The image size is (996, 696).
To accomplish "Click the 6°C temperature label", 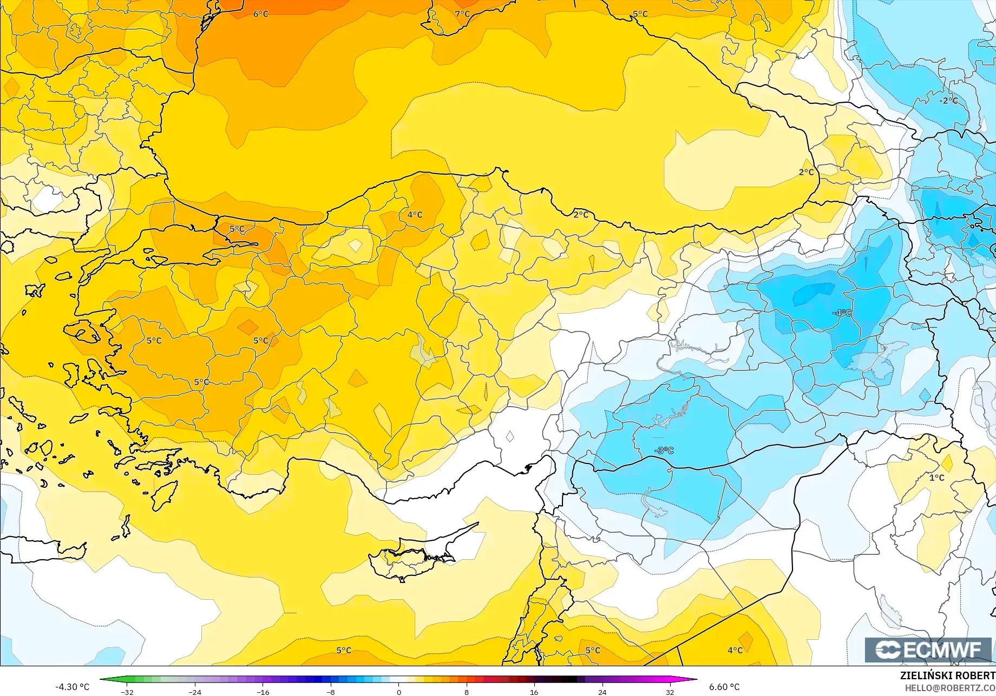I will [261, 14].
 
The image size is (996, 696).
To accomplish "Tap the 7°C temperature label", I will [462, 14].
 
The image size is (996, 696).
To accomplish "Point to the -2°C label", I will [948, 101].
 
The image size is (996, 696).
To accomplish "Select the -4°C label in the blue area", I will [842, 313].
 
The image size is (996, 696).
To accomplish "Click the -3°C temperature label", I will [664, 450].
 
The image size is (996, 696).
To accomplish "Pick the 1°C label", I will [936, 478].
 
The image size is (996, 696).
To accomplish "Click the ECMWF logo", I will [928, 649].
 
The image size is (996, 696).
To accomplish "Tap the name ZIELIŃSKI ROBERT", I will [947, 675].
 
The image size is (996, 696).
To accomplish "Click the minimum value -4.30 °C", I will [72, 687].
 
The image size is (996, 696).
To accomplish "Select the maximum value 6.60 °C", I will [724, 687].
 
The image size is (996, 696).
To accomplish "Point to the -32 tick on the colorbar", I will [127, 692].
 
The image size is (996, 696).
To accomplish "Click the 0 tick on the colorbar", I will [399, 692].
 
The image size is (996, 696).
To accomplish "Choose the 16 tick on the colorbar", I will [534, 692].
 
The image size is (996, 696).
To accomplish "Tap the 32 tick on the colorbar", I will [670, 692].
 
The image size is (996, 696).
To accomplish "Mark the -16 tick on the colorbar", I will [263, 692].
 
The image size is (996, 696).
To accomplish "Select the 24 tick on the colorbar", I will [602, 692].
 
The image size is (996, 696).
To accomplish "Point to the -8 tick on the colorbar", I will [331, 692].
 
